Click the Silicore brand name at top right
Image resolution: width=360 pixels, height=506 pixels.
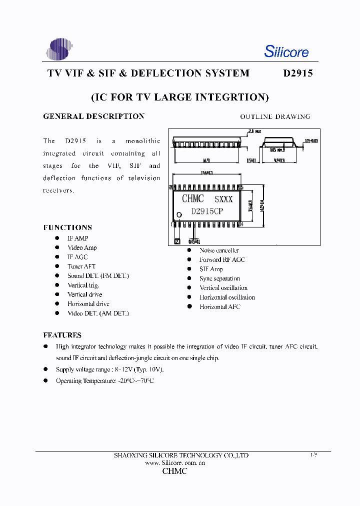coord(286,51)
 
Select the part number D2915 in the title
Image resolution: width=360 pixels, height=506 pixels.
coord(298,73)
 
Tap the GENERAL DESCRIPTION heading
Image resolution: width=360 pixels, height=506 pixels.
coord(94,116)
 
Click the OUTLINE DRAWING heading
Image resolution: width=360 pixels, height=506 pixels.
coord(275,116)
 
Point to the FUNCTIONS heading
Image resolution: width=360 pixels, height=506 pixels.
coord(67,227)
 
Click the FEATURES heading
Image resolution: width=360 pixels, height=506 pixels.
coord(62,335)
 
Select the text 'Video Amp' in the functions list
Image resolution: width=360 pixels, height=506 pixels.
coord(82,247)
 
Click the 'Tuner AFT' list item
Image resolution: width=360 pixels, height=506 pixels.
coord(81,266)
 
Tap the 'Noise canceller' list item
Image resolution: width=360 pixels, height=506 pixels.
coord(219,250)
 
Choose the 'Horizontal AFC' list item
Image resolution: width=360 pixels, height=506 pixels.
coord(219,306)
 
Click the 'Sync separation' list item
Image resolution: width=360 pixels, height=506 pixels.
coord(219,278)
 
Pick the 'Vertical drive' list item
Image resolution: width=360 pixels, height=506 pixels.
coord(84,294)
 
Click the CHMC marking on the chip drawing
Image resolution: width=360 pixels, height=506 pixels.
coord(192,198)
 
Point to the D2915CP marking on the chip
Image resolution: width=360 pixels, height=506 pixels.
coord(207,211)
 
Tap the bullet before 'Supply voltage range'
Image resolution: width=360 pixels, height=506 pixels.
coord(45,369)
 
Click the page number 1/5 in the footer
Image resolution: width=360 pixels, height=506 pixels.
coord(313,455)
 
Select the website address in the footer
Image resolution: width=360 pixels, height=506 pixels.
coord(175,463)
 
